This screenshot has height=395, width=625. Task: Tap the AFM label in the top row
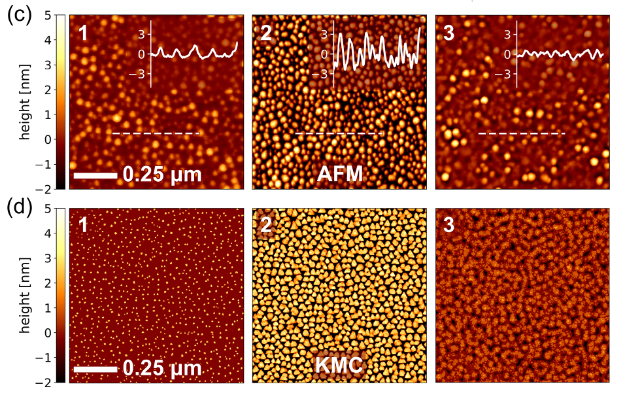(340, 174)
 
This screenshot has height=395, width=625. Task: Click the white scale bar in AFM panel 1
(95, 175)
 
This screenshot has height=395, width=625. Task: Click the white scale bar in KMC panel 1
(95, 369)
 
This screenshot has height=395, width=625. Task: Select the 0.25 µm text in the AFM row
(161, 175)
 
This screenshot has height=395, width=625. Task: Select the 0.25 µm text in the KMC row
(161, 369)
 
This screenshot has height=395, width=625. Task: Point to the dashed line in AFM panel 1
(156, 133)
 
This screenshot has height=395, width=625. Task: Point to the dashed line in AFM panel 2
(339, 133)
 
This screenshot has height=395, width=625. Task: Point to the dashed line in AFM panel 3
(522, 133)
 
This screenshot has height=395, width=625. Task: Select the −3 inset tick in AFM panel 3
(503, 74)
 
